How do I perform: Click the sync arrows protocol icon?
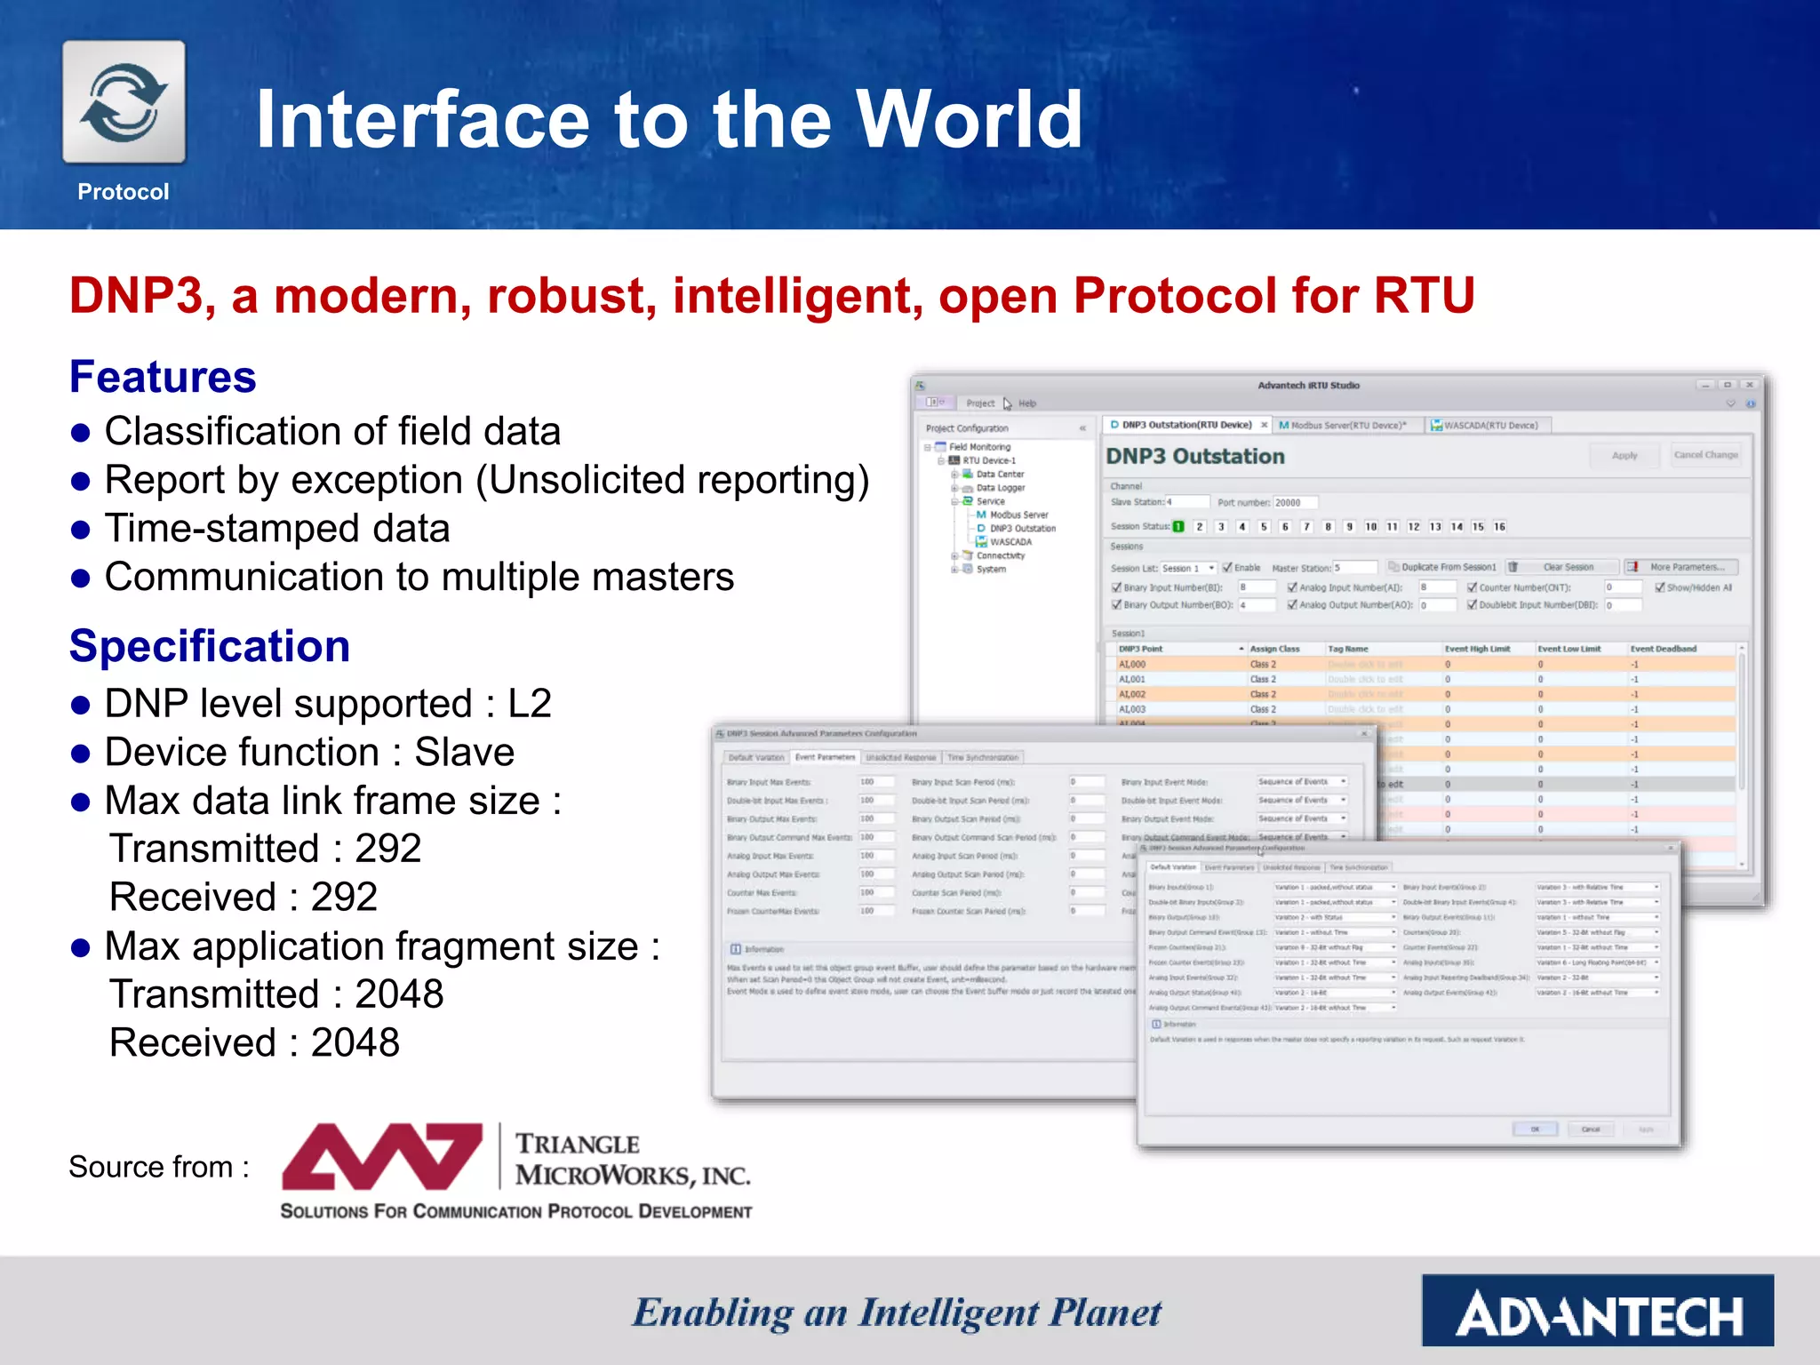click(124, 102)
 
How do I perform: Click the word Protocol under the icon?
click(123, 192)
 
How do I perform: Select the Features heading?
click(163, 377)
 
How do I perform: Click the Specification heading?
click(210, 646)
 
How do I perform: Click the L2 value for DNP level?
click(530, 704)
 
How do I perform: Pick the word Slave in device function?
click(465, 753)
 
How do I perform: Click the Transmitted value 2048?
click(399, 994)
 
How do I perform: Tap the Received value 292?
click(344, 898)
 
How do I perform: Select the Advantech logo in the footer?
click(1597, 1311)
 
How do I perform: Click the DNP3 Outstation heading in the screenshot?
click(1194, 457)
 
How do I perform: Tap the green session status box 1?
click(1178, 527)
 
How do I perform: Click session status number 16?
click(1499, 527)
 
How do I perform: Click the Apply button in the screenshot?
click(1624, 456)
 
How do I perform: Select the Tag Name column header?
click(1347, 650)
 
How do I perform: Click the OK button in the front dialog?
click(1535, 1130)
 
